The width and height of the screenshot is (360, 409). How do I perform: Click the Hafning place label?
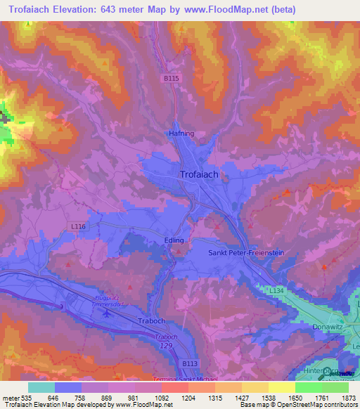pos(181,133)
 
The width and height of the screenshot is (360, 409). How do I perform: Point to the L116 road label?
pos(78,226)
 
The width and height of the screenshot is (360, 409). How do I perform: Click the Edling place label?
pos(174,240)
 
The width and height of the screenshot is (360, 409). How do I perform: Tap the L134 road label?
pos(276,290)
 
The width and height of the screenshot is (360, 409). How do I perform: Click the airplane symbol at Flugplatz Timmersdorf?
pos(106,313)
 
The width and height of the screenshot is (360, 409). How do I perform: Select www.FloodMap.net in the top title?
pos(236,10)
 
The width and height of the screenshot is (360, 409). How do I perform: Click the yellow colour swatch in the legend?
pos(281,387)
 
